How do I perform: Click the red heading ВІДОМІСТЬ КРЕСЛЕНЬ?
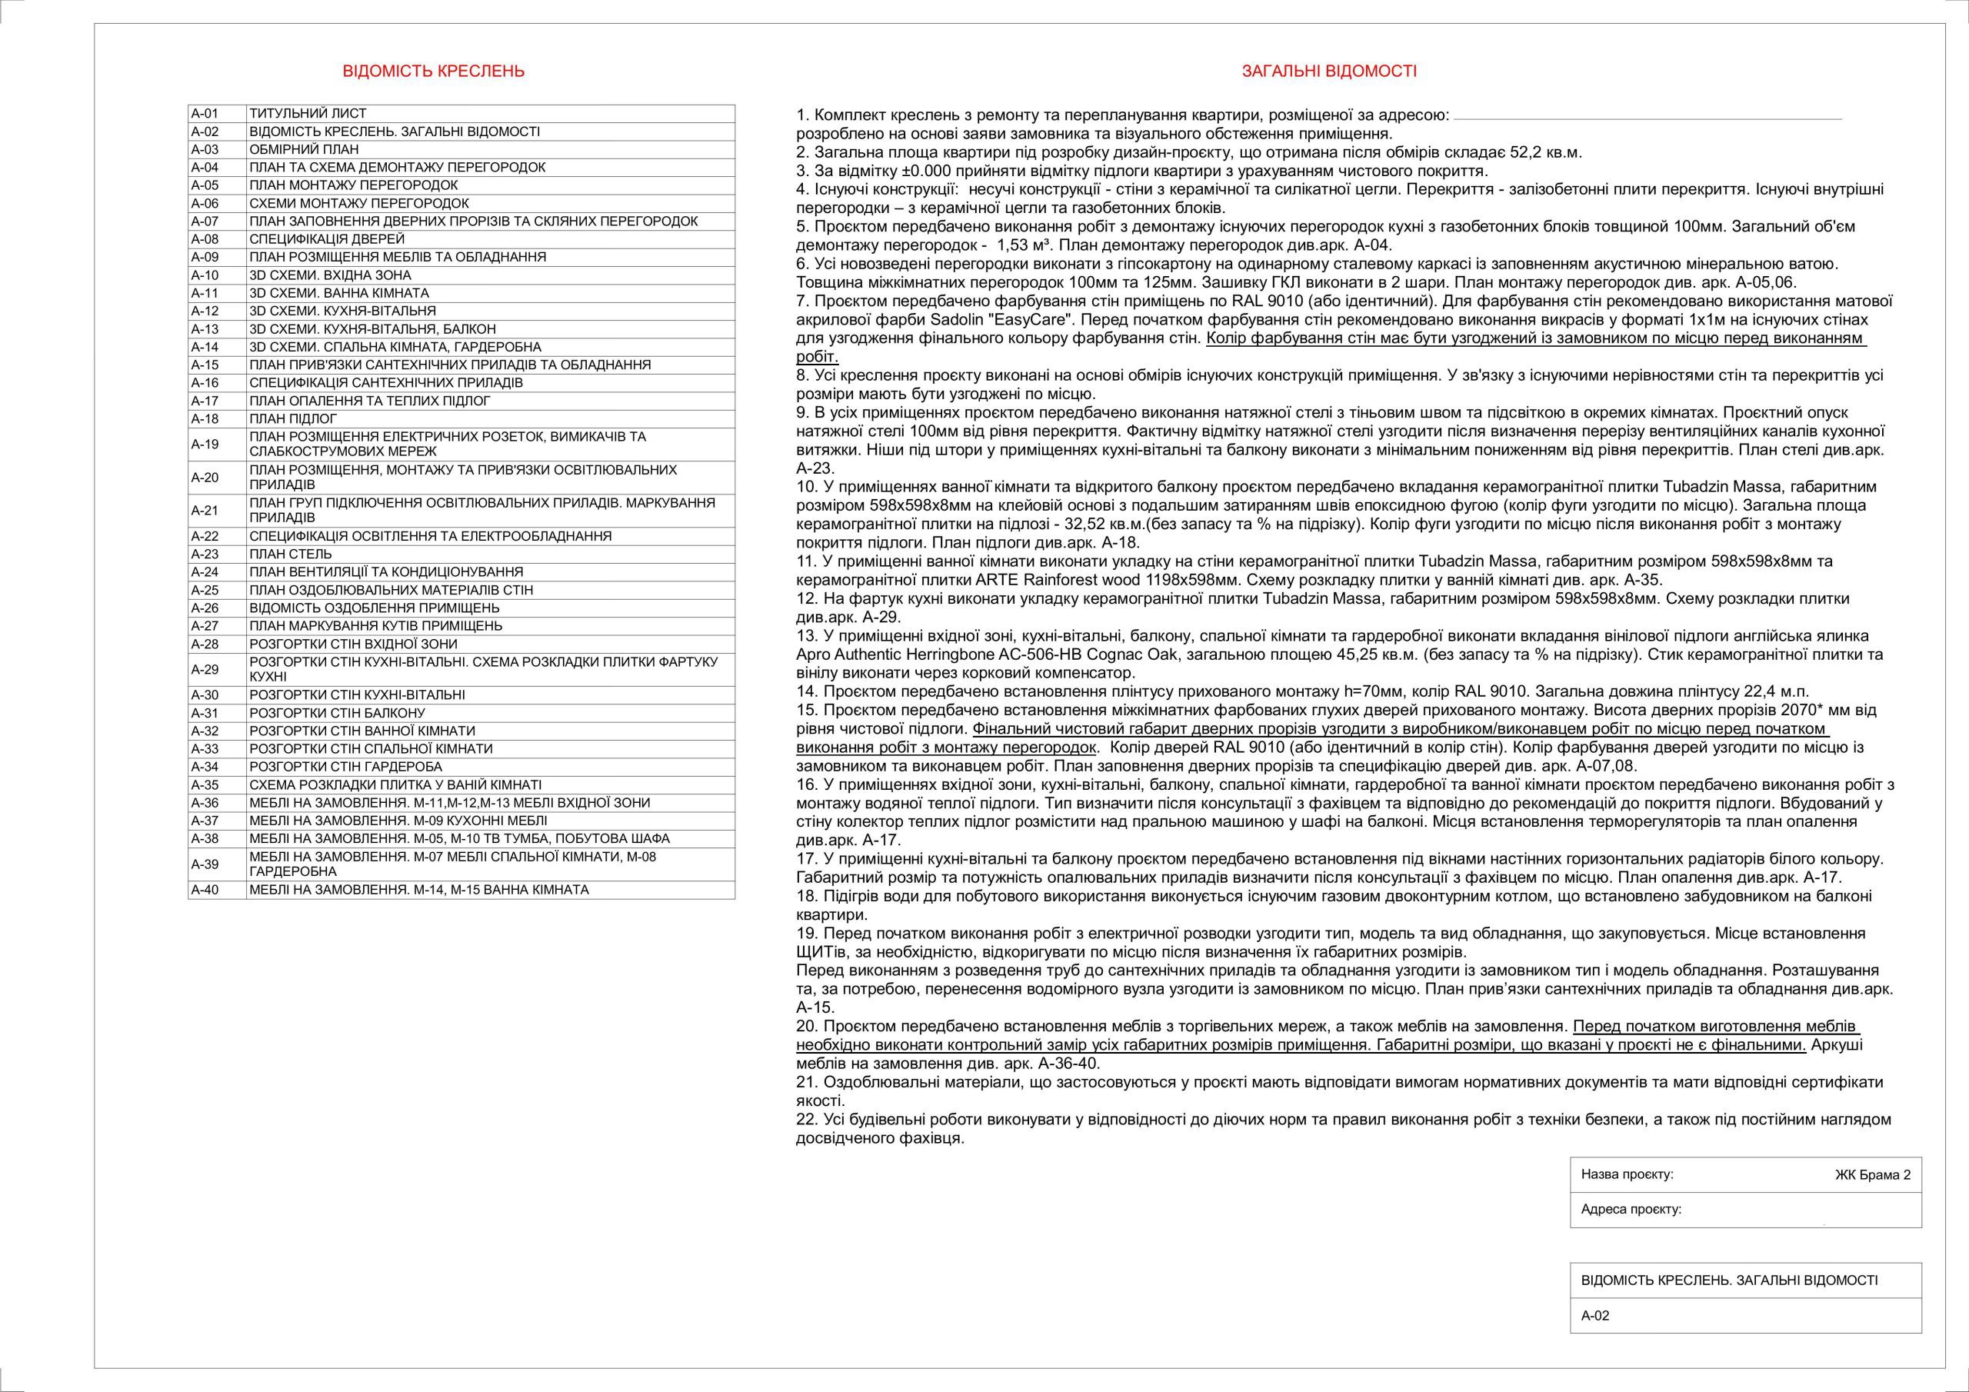click(433, 72)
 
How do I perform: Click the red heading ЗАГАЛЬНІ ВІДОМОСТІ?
click(1329, 72)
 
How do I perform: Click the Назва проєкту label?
click(1627, 1174)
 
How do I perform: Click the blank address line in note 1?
click(1647, 117)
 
